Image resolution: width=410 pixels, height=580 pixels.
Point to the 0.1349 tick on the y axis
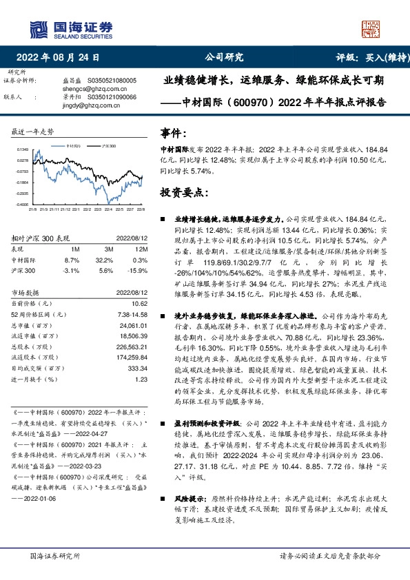(x=23, y=149)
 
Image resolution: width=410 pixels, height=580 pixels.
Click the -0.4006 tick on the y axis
(x=23, y=204)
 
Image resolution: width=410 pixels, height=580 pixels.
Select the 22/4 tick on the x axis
(x=98, y=208)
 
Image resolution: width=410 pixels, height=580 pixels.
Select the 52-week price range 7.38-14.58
(x=131, y=313)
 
